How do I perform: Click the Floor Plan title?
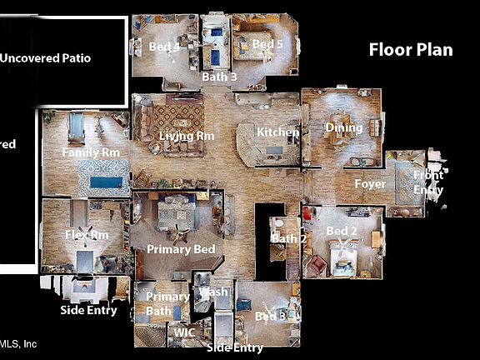(x=411, y=50)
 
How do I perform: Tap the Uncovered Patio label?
(x=57, y=58)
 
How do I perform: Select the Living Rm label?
(x=187, y=136)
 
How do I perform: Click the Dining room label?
(x=344, y=127)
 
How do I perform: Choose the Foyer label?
(x=369, y=183)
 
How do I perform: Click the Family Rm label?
(x=91, y=152)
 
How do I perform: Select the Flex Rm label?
(x=87, y=235)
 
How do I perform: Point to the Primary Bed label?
(x=181, y=249)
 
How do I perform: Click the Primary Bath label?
(x=167, y=303)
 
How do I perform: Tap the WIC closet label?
(x=184, y=332)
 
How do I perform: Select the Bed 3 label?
(x=270, y=317)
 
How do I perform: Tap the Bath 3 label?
(x=219, y=77)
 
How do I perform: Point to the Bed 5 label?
(x=268, y=43)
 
